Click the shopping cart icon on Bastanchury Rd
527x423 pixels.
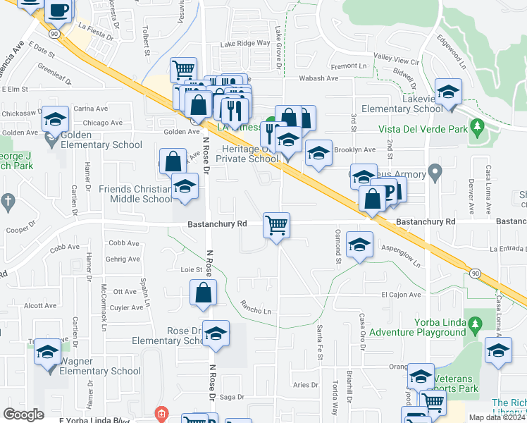point(276,226)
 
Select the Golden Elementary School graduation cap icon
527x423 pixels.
point(54,119)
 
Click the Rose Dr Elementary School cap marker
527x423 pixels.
point(217,333)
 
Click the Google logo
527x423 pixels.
point(23,414)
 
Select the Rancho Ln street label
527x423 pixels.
point(256,309)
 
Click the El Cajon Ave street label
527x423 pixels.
point(401,295)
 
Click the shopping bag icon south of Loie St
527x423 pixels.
point(203,293)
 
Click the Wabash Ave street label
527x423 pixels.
point(319,78)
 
